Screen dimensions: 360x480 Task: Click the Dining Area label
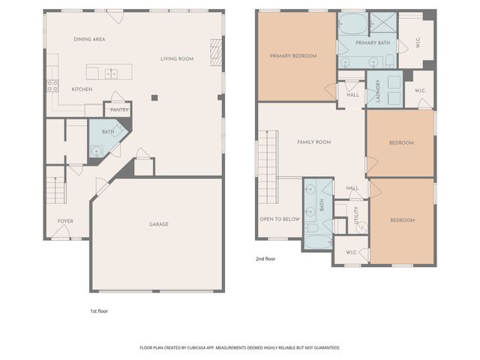coord(89,38)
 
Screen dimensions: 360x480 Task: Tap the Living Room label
coord(177,58)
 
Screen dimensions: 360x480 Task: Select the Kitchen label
coord(82,89)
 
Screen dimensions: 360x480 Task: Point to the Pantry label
coord(119,110)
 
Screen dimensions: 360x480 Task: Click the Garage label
coord(158,224)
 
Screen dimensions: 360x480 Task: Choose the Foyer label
coord(66,221)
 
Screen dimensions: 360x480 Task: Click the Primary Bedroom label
coord(293,55)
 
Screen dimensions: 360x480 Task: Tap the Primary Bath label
coord(370,43)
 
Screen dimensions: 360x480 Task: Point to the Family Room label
coord(313,142)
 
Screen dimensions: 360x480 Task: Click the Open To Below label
coord(280,219)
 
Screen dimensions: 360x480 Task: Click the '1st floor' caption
coord(99,310)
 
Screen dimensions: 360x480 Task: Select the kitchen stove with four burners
coord(52,86)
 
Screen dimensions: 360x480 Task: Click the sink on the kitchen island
coord(110,73)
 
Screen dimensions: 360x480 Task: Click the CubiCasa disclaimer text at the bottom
coord(240,348)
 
